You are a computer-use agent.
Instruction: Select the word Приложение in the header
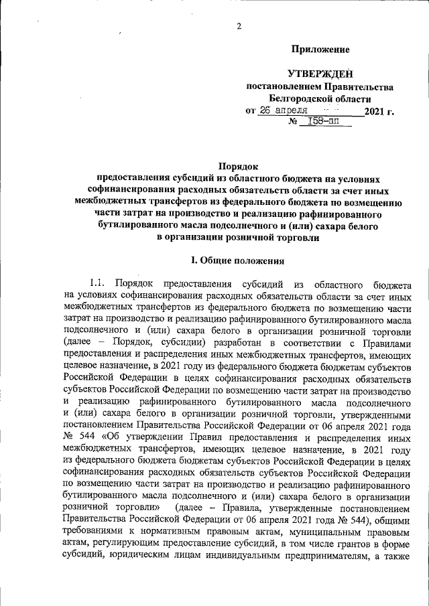click(x=320, y=49)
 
